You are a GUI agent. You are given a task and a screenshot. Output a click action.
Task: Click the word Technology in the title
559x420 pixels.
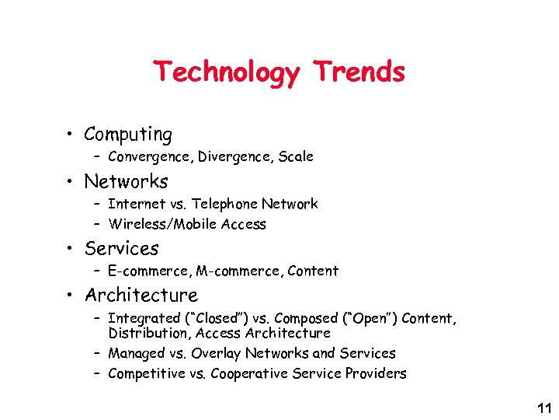click(x=226, y=72)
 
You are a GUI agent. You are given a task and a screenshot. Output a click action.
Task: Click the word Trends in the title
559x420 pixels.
click(x=359, y=72)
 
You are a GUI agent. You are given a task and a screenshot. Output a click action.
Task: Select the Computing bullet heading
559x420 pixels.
click(x=128, y=135)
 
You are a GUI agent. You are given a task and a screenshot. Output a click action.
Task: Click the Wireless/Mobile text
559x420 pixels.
click(x=163, y=224)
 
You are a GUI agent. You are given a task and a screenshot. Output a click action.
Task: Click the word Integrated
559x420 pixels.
click(x=144, y=318)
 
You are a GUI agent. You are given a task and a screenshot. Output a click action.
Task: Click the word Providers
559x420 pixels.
click(x=377, y=373)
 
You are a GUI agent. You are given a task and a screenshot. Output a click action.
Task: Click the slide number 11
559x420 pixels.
click(x=543, y=408)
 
